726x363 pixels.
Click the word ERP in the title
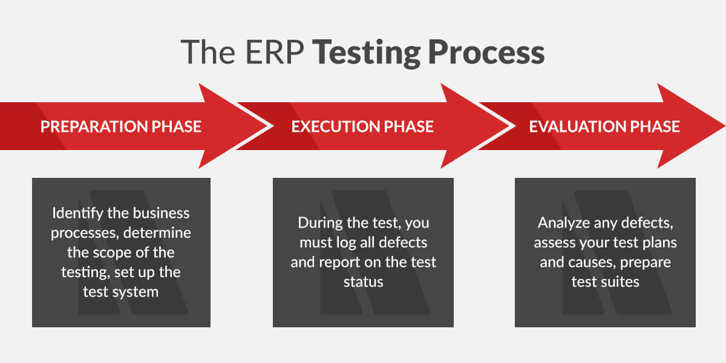[275, 52]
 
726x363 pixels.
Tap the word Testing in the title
[368, 53]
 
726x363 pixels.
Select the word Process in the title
[486, 52]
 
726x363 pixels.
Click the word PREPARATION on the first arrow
[94, 126]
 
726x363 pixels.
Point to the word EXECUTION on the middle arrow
[335, 126]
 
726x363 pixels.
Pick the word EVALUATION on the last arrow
[578, 126]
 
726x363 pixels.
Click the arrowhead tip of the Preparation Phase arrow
[273, 126]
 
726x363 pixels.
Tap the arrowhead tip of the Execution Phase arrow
[515, 126]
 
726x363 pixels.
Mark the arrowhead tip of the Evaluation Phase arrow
[725, 126]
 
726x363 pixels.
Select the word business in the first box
[161, 213]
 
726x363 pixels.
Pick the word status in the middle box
[364, 282]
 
